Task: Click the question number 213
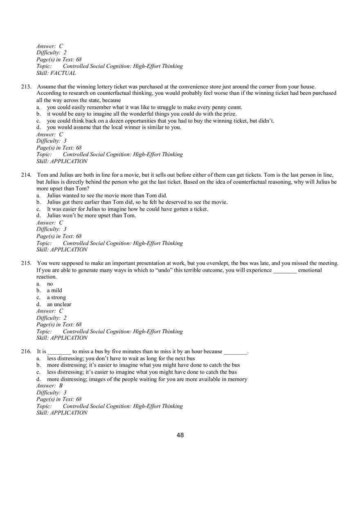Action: point(26,87)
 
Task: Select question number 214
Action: point(26,175)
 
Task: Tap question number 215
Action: point(26,263)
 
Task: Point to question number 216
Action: point(26,352)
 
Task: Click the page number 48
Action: point(180,435)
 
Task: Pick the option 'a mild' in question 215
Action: point(54,290)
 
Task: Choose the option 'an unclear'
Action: point(59,304)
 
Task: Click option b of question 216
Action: point(143,365)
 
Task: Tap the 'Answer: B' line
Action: point(49,386)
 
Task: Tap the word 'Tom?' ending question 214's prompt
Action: point(83,189)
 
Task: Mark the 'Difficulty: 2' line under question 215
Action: point(52,318)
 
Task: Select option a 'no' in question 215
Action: point(50,284)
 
